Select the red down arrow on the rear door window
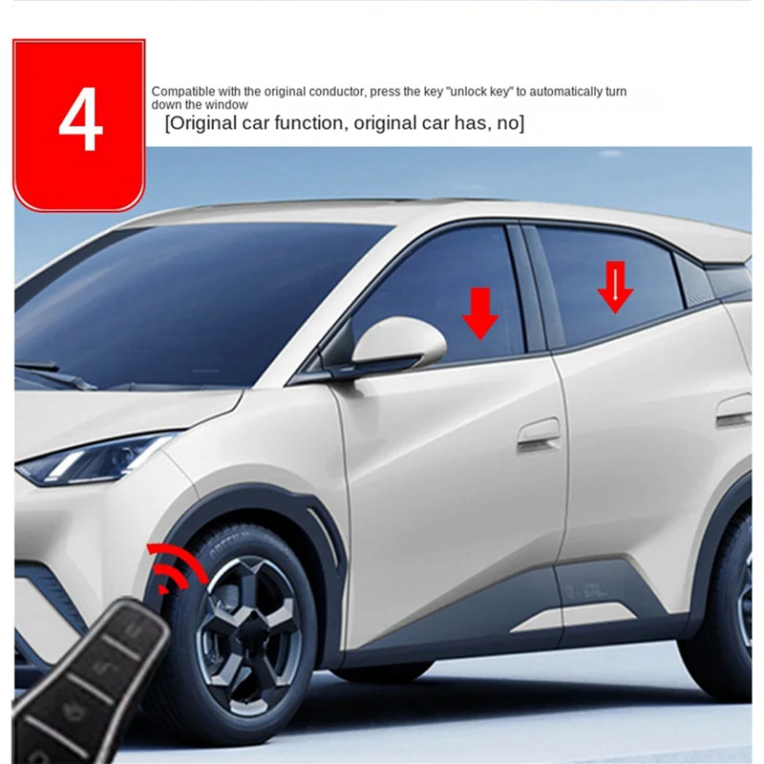(615, 287)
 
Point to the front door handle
(539, 435)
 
